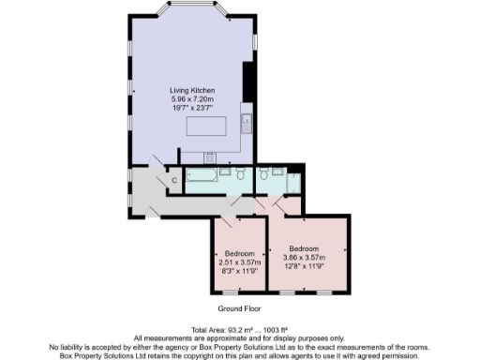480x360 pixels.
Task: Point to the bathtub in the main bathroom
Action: [x=202, y=175]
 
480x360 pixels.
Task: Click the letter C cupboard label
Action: [x=174, y=180]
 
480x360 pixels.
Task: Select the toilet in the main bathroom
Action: [x=241, y=174]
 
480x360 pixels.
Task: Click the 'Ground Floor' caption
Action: [x=239, y=307]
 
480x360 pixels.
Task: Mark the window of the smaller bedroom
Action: [x=238, y=292]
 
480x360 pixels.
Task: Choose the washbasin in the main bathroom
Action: [x=229, y=173]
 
